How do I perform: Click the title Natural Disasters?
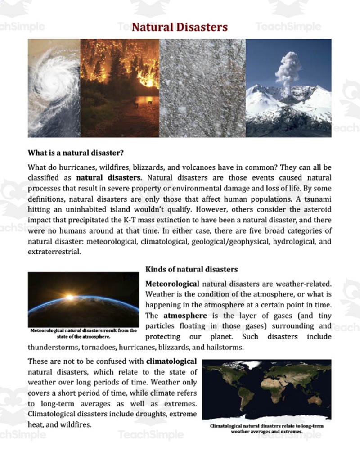pos(180,27)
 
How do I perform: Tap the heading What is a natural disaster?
pos(76,152)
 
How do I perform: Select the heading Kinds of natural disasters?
pos(192,269)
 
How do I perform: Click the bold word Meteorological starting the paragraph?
pos(172,284)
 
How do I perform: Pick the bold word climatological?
pos(171,361)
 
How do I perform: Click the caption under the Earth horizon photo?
pos(83,333)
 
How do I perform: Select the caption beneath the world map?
pos(266,428)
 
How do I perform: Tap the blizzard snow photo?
pos(202,88)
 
